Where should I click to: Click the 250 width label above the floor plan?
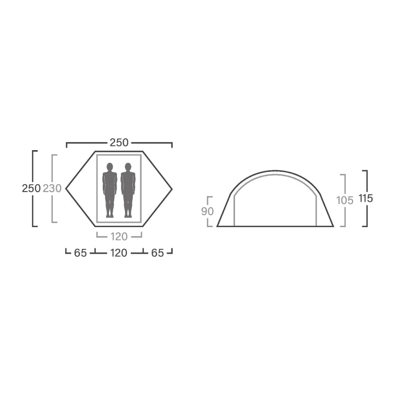click(x=119, y=143)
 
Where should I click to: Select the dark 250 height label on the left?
click(x=31, y=189)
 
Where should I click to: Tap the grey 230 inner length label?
click(x=52, y=189)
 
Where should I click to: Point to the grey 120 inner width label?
click(x=119, y=237)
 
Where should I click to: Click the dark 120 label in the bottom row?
click(x=118, y=253)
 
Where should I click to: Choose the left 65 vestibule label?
click(x=80, y=253)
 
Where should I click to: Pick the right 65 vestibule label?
click(x=158, y=253)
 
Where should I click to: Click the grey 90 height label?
click(x=207, y=212)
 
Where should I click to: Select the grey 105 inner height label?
click(x=345, y=200)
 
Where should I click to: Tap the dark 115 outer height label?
click(x=366, y=198)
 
